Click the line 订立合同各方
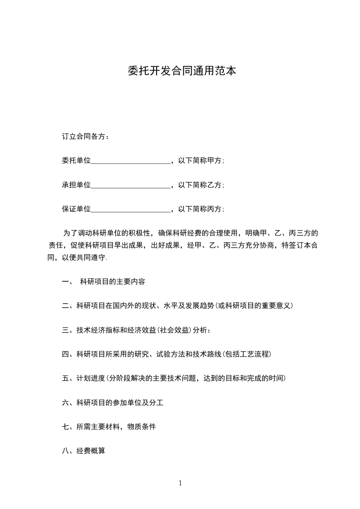pos(85,136)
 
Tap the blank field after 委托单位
pos(131,161)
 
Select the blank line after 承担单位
pos(131,185)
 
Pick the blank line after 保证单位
pos(131,210)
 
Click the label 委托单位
pos(76,161)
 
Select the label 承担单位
pos(76,185)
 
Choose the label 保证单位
pos(76,210)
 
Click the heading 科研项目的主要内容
pos(112,282)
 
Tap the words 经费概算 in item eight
pos(91,451)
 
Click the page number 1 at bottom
pos(180,483)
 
